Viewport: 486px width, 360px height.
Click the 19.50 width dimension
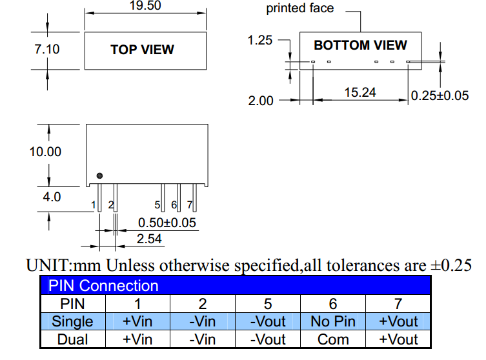tap(145, 6)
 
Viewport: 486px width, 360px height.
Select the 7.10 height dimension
tap(46, 48)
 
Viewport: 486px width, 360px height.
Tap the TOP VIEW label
tap(142, 50)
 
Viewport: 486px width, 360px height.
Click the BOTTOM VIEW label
tap(360, 45)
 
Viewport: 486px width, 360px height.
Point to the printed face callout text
tap(300, 8)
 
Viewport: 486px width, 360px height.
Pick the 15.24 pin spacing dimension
tap(359, 92)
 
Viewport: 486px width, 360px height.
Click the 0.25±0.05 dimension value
tap(440, 96)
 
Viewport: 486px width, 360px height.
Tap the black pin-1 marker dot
tap(99, 175)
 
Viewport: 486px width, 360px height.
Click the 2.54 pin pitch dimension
tap(149, 239)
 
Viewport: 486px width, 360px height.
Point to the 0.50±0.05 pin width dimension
tap(167, 223)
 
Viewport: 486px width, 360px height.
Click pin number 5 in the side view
tap(157, 205)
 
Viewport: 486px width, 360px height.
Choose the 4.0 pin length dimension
tap(52, 197)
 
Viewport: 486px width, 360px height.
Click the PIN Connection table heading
tap(104, 286)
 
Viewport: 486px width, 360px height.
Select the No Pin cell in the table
tap(332, 321)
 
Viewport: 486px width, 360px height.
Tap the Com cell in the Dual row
tap(332, 339)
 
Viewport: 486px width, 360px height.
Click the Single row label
tap(72, 321)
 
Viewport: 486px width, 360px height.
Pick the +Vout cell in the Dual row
tap(398, 339)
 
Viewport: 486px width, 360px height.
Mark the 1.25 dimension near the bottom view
tap(260, 41)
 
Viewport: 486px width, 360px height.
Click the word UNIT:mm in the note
tap(64, 265)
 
